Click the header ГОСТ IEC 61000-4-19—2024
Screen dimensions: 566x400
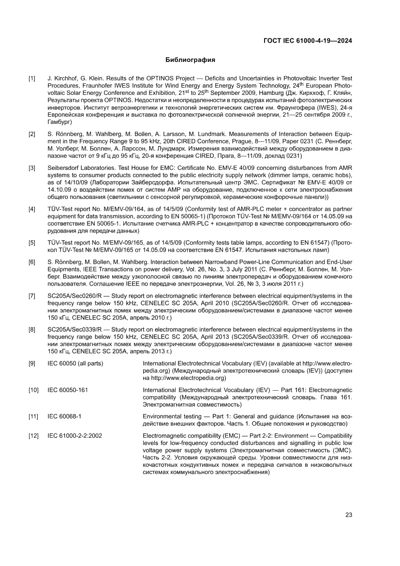click(x=307, y=41)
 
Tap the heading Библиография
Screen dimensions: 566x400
click(x=190, y=60)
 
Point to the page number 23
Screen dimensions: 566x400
click(x=348, y=515)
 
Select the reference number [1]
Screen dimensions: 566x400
click(x=32, y=78)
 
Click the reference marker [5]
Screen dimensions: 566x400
click(x=32, y=242)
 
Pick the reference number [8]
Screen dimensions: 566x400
click(x=32, y=330)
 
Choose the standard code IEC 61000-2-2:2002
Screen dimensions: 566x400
click(x=74, y=435)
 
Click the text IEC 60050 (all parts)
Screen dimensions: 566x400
click(x=75, y=363)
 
